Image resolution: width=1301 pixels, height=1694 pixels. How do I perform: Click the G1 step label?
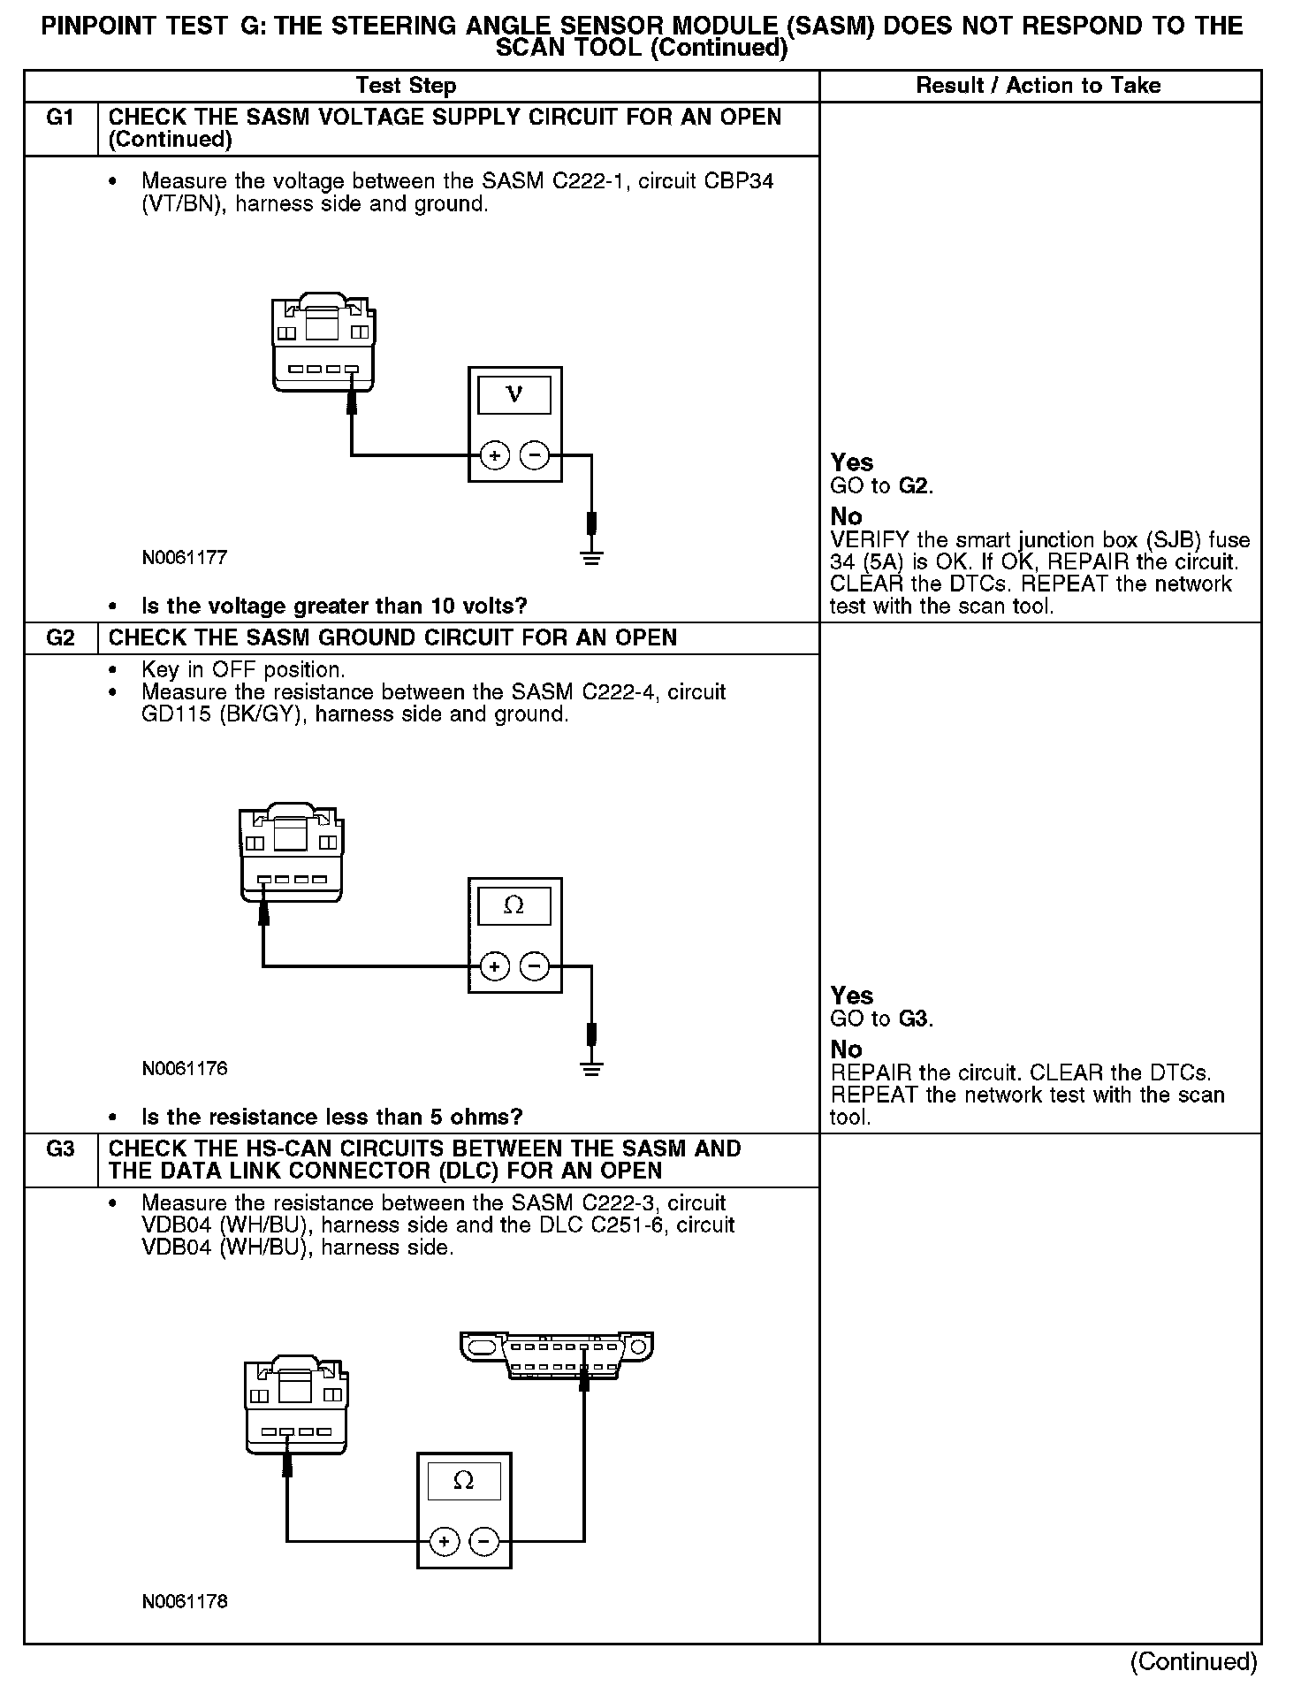[60, 118]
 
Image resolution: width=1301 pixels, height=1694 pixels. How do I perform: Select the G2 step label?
[60, 637]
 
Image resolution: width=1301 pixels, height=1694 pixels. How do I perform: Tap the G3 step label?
[60, 1148]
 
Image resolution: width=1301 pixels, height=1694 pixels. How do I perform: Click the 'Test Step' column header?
[406, 86]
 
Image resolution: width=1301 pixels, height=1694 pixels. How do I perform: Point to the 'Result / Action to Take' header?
[1039, 86]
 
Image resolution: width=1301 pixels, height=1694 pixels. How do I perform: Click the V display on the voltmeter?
[514, 395]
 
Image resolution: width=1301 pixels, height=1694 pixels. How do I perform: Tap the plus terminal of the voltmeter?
[495, 456]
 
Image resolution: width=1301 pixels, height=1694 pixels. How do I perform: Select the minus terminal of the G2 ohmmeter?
[534, 966]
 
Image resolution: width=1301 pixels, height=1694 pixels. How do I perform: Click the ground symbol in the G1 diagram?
[591, 557]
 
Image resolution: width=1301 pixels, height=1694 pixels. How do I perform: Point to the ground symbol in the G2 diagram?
[591, 1068]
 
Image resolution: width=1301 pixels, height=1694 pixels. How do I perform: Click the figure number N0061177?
[185, 558]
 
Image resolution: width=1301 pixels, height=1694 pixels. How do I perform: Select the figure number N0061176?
[185, 1069]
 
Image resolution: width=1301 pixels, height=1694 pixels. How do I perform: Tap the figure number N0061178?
[185, 1601]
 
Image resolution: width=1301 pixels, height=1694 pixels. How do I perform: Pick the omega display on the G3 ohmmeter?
[464, 1481]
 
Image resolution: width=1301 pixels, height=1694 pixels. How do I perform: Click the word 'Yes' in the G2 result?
[852, 996]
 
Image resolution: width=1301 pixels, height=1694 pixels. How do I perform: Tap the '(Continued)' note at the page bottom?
[1193, 1661]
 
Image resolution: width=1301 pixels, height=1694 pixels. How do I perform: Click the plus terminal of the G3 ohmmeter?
[445, 1542]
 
